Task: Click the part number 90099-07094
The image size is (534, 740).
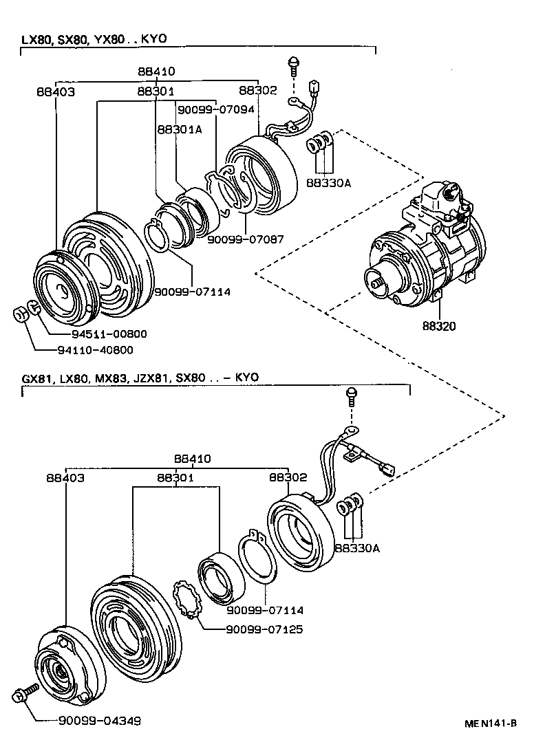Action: (x=216, y=109)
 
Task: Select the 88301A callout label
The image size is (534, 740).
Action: (x=179, y=129)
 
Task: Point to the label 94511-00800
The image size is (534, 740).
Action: (x=109, y=334)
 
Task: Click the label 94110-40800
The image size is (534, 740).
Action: (x=109, y=349)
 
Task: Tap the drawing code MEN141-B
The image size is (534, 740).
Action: (x=490, y=723)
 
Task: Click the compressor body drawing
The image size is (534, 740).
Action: (x=427, y=248)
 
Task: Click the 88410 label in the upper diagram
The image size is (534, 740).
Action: (x=156, y=71)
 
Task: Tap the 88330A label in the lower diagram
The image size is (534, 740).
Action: (x=356, y=547)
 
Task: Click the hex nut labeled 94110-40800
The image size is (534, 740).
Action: (x=20, y=314)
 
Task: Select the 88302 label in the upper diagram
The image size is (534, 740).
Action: (x=257, y=90)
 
